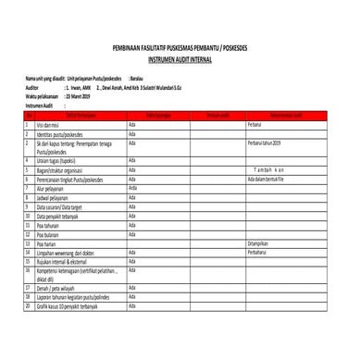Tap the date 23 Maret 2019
click(84, 95)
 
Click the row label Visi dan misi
click(55, 122)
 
